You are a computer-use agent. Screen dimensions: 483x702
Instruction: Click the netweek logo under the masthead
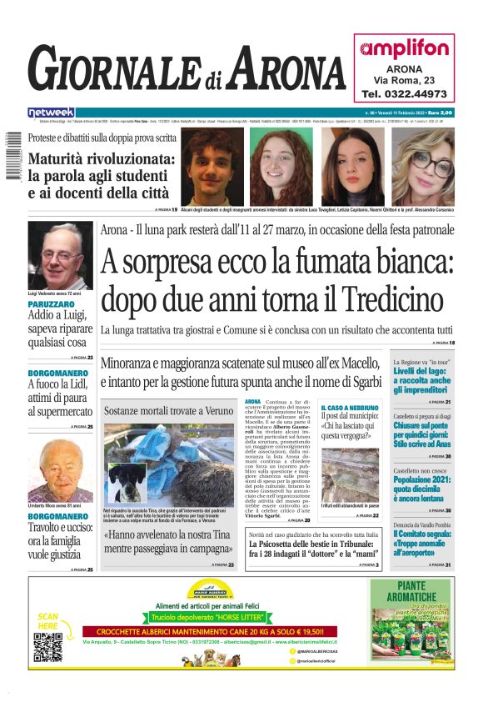coord(51,112)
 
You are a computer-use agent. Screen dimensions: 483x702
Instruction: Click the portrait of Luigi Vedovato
coord(61,256)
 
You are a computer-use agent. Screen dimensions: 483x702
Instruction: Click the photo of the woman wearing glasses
coord(424,167)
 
